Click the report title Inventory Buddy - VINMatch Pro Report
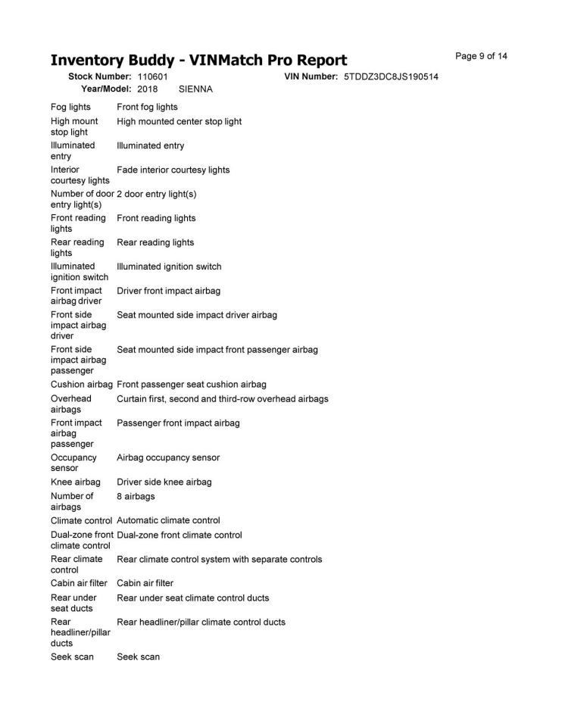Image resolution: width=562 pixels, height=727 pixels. (x=198, y=60)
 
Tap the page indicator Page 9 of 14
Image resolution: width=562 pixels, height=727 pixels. (x=481, y=57)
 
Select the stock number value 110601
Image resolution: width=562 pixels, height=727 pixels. (x=152, y=77)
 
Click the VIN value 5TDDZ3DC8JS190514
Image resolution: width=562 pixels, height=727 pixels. (x=391, y=77)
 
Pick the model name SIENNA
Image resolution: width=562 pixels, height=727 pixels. (x=195, y=89)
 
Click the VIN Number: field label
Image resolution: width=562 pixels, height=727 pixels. (x=311, y=77)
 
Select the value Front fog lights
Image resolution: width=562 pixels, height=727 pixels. (x=147, y=108)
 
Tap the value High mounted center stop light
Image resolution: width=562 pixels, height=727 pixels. (x=179, y=121)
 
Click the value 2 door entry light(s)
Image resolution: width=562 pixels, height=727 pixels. (x=156, y=194)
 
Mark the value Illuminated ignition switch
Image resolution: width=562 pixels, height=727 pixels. (x=169, y=267)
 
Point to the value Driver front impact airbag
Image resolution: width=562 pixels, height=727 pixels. (x=168, y=291)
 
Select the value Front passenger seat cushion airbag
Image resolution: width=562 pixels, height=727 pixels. (x=191, y=385)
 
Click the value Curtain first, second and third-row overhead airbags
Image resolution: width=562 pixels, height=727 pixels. (x=222, y=398)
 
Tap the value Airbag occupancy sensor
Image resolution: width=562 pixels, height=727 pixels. (x=168, y=457)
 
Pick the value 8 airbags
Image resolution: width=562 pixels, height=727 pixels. (x=136, y=496)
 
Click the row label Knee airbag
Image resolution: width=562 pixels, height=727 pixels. (x=76, y=482)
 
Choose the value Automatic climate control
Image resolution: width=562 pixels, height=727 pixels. (x=168, y=520)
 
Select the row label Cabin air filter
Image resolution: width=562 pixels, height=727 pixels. (x=79, y=583)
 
